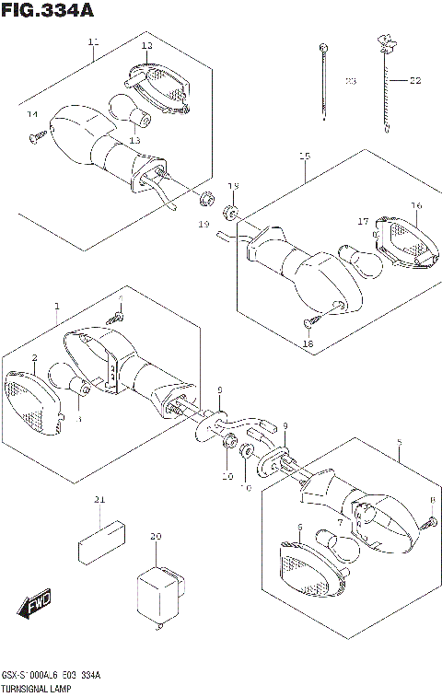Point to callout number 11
pos(93,41)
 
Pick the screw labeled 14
pos(39,136)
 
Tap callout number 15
pos(304,157)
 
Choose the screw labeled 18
pos(309,322)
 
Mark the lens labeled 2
pos(32,398)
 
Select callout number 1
pos(56,306)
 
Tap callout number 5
pos(398,443)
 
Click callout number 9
pos(285,425)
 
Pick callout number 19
pos(202,224)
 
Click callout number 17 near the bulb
pos(363,222)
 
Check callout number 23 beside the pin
pos(350,82)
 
